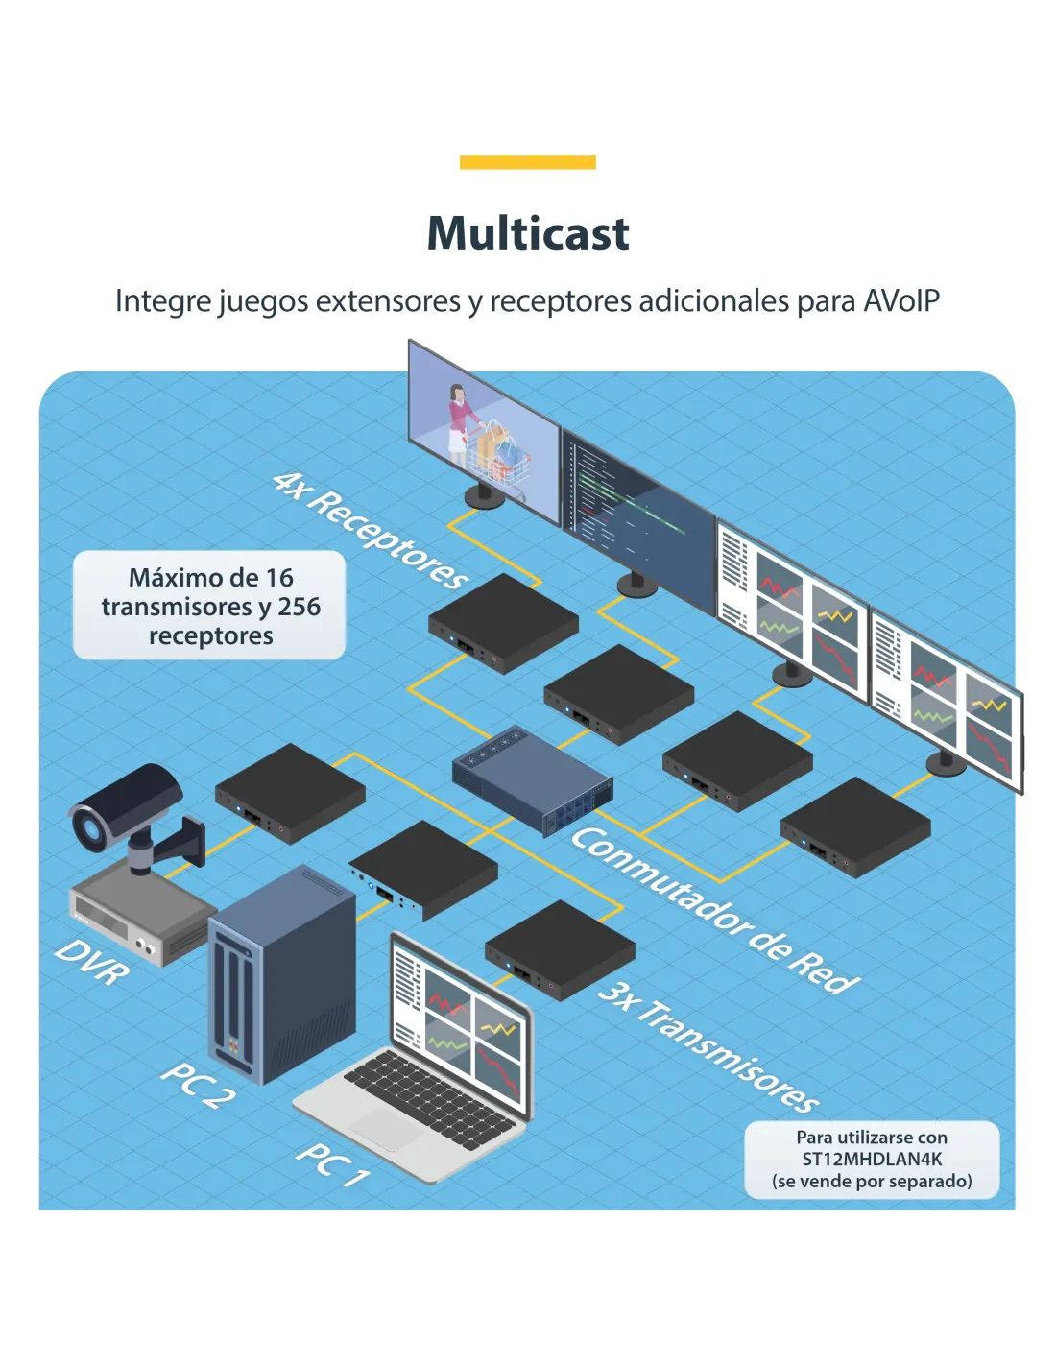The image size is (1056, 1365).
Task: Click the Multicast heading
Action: click(528, 233)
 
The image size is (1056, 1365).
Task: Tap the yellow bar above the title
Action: click(528, 162)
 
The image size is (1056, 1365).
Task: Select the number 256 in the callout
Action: click(299, 607)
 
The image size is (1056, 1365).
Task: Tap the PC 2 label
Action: click(197, 1084)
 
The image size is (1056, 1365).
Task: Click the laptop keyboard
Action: click(429, 1097)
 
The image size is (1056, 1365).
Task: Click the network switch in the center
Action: click(532, 779)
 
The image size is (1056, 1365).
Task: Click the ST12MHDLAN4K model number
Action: click(872, 1160)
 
